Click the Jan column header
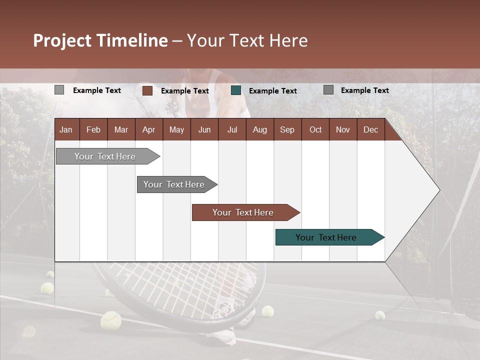[66, 129]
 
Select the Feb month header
[93, 129]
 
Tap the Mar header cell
[121, 129]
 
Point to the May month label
[176, 129]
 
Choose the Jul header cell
[232, 129]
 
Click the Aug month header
[259, 129]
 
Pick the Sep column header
[287, 129]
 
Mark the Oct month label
[315, 129]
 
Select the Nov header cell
[343, 129]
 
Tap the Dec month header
[370, 129]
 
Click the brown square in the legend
[147, 90]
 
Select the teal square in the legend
[236, 90]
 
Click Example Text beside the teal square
[273, 91]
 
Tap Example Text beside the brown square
[185, 91]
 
